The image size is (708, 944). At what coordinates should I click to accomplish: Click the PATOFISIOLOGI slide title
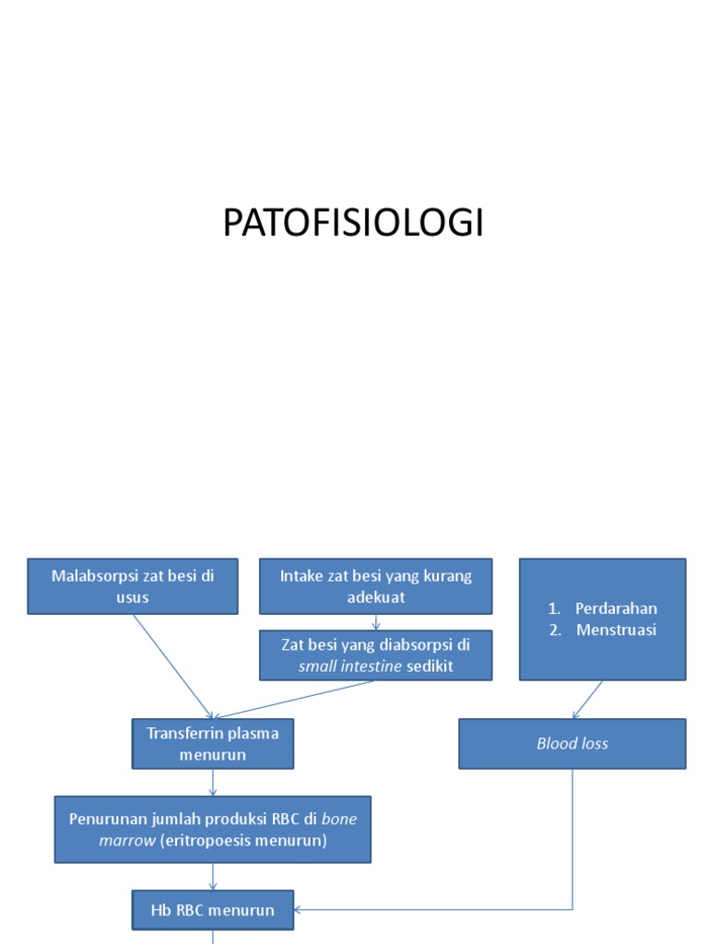tap(353, 224)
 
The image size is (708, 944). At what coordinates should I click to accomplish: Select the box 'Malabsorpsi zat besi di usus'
tap(133, 586)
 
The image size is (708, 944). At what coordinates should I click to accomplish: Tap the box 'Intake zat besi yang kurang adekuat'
tap(375, 586)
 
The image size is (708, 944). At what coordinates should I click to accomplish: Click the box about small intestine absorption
tap(375, 655)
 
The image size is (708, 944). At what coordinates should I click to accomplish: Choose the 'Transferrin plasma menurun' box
tap(213, 744)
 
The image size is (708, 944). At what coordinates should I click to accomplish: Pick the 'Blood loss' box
tap(572, 744)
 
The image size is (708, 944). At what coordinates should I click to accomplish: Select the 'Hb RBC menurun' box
tap(213, 910)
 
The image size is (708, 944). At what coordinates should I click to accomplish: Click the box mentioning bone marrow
tap(213, 829)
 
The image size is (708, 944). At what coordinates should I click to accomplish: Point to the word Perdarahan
tap(616, 608)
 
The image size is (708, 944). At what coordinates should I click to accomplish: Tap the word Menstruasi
tap(616, 631)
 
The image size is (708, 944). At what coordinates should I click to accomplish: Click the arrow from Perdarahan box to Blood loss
tap(588, 700)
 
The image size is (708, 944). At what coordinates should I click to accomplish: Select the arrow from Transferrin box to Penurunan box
tap(213, 783)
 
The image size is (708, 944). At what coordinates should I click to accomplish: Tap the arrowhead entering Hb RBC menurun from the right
tap(301, 910)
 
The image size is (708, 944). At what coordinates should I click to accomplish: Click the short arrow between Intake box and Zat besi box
tap(375, 622)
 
